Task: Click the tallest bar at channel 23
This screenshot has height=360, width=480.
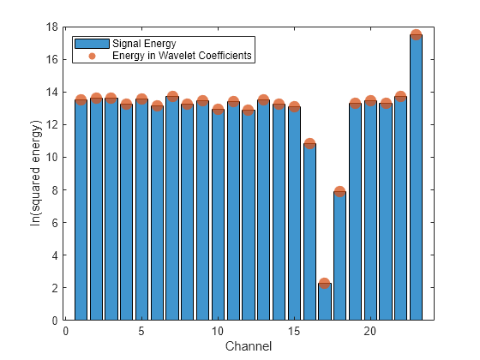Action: click(416, 177)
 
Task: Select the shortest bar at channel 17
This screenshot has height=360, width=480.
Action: click(325, 302)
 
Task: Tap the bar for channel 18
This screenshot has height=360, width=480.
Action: click(339, 256)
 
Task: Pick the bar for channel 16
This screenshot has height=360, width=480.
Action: click(309, 231)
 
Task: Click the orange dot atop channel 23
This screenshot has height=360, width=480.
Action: click(416, 35)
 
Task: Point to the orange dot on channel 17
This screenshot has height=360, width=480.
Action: click(325, 283)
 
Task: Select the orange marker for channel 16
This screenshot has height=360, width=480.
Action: click(309, 143)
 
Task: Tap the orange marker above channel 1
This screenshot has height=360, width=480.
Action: click(81, 99)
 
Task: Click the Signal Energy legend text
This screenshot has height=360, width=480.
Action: click(144, 44)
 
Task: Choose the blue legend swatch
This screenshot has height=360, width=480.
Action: click(93, 44)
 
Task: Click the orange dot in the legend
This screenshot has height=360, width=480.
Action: click(93, 56)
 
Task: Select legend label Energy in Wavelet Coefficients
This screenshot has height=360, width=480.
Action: click(182, 56)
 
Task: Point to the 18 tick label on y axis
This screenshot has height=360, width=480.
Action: click(52, 27)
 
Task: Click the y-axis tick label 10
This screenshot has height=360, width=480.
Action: click(52, 158)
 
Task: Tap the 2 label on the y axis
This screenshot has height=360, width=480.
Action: click(55, 288)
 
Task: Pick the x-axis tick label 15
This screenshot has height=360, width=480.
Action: click(294, 331)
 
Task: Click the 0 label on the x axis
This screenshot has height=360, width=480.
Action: click(65, 331)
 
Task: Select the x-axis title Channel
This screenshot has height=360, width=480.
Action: click(249, 346)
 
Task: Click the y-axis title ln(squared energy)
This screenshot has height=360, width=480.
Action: click(35, 173)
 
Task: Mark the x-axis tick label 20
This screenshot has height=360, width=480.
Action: click(370, 331)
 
